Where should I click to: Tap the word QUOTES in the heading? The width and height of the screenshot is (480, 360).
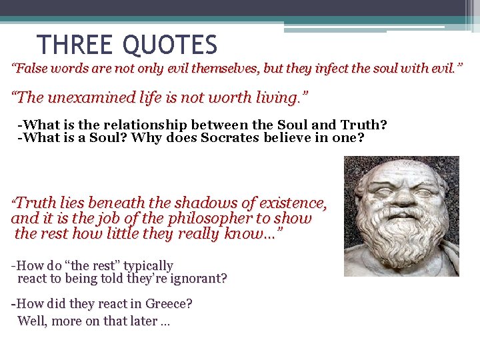pyautogui.click(x=170, y=45)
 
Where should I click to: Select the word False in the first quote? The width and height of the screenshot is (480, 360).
pyautogui.click(x=31, y=69)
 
